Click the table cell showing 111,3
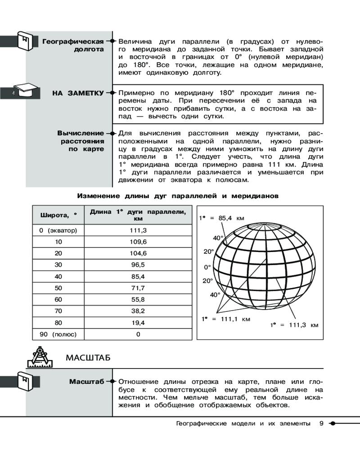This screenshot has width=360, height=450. point(138,230)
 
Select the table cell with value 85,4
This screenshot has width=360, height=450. point(138,276)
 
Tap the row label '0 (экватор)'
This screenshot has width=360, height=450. point(58,230)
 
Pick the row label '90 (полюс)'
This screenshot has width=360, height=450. point(58,334)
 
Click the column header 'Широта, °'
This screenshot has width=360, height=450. point(58,216)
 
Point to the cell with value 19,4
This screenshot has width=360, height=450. point(138,323)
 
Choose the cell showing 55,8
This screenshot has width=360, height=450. point(138,300)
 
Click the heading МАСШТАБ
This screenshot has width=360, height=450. point(89,358)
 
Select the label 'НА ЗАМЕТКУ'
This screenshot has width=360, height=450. point(78,93)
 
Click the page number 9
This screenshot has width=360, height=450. point(321,423)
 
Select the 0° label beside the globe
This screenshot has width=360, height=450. point(207,267)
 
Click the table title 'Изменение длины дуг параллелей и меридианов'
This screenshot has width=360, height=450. point(178,196)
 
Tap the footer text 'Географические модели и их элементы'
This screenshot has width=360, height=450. point(243,423)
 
